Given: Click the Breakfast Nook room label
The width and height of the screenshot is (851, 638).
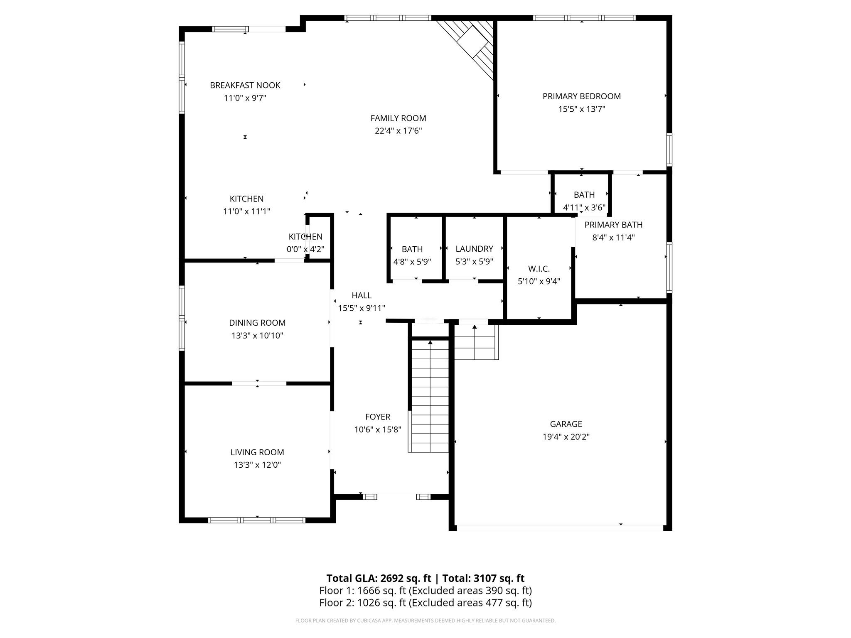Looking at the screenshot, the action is coord(245,85).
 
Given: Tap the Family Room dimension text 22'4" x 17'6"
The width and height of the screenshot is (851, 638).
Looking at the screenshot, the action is coord(398,131).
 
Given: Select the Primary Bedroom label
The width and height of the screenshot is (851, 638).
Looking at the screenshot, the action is coord(582,96).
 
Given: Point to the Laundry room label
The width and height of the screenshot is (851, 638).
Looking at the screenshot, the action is coord(474,249).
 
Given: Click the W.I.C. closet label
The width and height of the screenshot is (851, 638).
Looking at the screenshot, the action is coord(539,269).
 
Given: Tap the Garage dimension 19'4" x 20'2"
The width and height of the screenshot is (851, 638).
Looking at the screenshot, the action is coord(566,437).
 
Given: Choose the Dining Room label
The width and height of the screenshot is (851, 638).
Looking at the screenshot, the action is coord(257,323).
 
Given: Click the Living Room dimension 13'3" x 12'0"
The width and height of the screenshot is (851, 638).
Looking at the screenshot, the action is coord(257,465).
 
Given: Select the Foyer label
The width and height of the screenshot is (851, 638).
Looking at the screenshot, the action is coord(378,417).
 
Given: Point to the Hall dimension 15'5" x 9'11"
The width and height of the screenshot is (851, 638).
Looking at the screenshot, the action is coord(362,308).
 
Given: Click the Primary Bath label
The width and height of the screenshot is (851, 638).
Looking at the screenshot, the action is coord(613,225).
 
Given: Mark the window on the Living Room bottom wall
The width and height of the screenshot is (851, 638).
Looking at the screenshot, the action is coord(257,520).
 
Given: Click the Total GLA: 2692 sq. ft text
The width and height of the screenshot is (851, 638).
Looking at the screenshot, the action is coord(379,578).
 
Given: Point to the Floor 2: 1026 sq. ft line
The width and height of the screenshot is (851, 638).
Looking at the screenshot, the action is coord(425,603).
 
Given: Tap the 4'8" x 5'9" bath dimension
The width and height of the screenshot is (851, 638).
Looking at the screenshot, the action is coord(412,262).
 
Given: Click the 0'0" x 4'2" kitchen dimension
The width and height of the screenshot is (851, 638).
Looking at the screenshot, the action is coord(305,250).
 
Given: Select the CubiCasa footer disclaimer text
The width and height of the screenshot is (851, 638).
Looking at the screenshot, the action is coord(425,621).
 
